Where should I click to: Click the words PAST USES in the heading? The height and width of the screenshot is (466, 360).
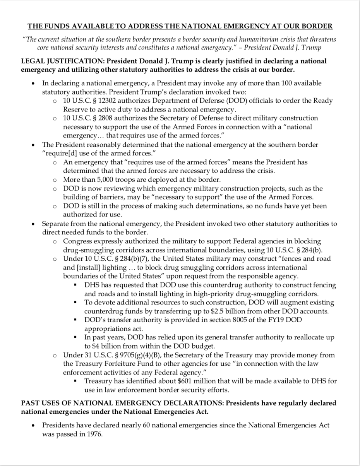39,403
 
